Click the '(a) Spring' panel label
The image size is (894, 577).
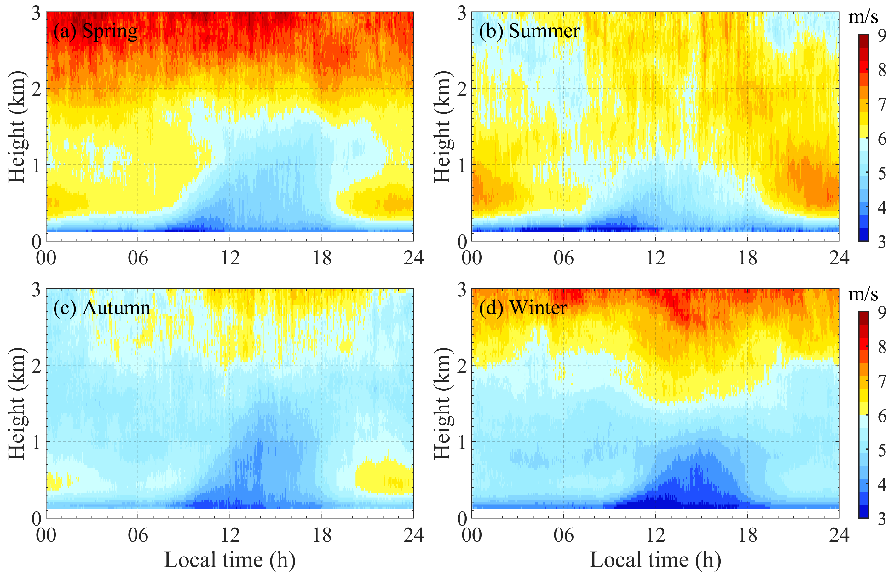coord(95,31)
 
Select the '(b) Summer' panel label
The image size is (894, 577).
coord(529,31)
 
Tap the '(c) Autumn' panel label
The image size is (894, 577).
coord(101,308)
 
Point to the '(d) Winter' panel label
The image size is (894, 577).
coord(523,308)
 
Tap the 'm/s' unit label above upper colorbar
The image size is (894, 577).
coord(863,17)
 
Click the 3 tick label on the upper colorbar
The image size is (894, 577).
coord(882,242)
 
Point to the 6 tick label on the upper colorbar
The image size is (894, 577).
coord(882,139)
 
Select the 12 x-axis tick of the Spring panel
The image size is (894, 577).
coord(230,258)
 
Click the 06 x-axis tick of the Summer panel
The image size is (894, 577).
coord(563,258)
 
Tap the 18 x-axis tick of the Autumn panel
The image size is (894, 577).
coord(321,535)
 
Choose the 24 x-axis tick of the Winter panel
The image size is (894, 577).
coord(839,535)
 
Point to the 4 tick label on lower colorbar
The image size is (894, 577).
coord(882,484)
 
